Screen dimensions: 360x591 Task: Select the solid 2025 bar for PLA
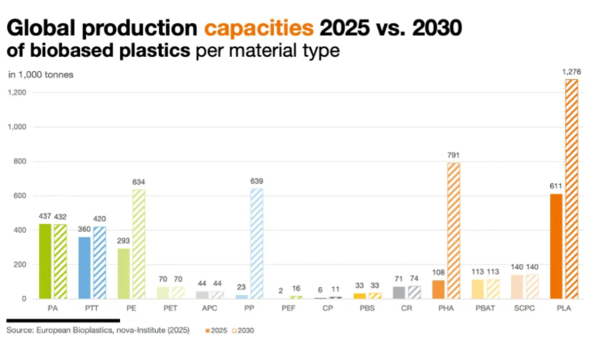pyautogui.click(x=557, y=246)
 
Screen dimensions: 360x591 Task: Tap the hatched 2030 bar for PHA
pyautogui.click(x=454, y=230)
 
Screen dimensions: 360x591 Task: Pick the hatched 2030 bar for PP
pyautogui.click(x=256, y=244)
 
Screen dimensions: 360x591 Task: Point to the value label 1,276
pyautogui.click(x=571, y=70)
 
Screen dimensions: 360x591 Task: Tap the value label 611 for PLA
pyautogui.click(x=556, y=186)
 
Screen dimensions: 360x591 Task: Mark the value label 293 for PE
pyautogui.click(x=124, y=240)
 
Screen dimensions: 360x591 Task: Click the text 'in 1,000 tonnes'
pyautogui.click(x=41, y=74)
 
